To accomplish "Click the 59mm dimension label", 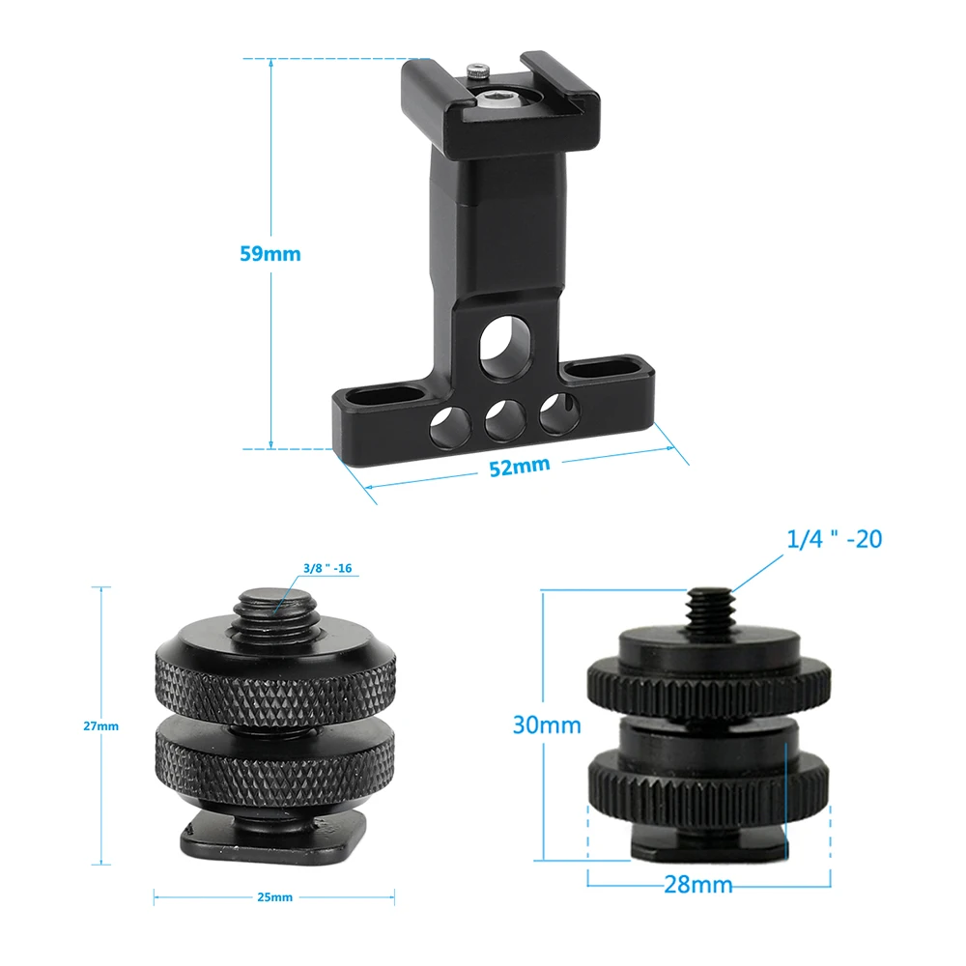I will point(270,254).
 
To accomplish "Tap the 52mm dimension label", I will point(519,467).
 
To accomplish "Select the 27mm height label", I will point(100,725).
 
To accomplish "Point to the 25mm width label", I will point(274,897).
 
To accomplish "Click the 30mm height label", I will point(547,724).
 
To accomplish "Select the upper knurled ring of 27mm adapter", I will point(274,683).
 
